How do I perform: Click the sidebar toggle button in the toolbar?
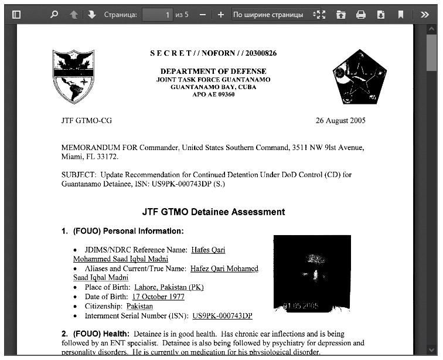(x=16, y=15)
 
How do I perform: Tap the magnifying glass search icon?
(x=54, y=15)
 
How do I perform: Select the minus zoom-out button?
(x=202, y=15)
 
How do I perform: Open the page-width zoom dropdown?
(x=272, y=15)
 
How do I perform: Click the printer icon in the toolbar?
(x=361, y=15)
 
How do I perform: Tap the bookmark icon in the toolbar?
(x=400, y=15)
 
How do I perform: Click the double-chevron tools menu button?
(x=425, y=15)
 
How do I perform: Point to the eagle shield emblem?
(x=73, y=77)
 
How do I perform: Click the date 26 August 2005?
(x=340, y=121)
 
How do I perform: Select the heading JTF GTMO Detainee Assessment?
(x=213, y=212)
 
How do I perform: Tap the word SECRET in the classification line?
(x=171, y=53)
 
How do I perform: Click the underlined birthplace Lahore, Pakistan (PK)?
(x=169, y=287)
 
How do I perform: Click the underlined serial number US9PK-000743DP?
(x=222, y=315)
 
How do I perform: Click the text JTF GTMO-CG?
(x=86, y=121)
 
